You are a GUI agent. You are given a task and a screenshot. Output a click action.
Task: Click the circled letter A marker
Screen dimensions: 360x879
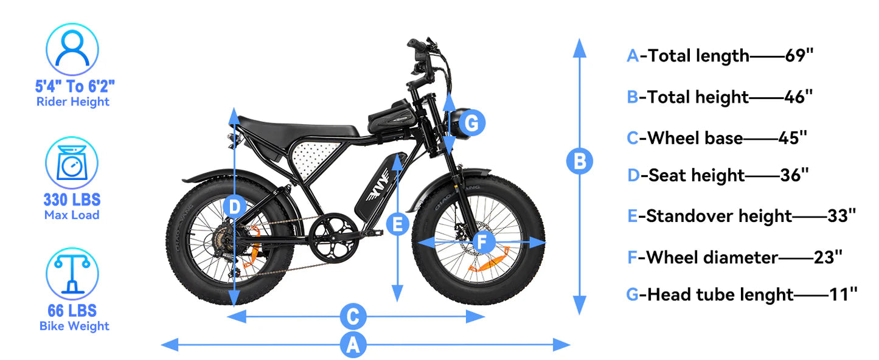point(353,345)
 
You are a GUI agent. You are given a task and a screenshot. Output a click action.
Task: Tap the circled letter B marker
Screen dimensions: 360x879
point(579,162)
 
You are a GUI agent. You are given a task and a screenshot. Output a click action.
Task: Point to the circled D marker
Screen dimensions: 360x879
point(235,206)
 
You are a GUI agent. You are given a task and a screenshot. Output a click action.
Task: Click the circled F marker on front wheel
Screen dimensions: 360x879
point(482,242)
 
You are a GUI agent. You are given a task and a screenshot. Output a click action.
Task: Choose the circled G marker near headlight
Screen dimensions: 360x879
point(472,123)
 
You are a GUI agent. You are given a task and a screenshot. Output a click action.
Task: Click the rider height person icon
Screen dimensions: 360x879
point(72,49)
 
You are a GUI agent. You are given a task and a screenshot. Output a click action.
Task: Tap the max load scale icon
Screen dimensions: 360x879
point(72,163)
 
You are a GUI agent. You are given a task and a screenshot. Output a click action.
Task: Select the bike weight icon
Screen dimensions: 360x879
point(72,273)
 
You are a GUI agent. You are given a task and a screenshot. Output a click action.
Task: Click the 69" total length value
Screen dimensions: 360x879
point(799,55)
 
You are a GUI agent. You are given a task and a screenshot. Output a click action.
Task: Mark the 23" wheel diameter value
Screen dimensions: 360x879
point(828,257)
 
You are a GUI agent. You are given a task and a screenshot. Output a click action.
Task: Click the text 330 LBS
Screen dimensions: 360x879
point(72,199)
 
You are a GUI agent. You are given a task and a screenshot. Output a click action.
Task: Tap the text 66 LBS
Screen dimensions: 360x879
point(72,311)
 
